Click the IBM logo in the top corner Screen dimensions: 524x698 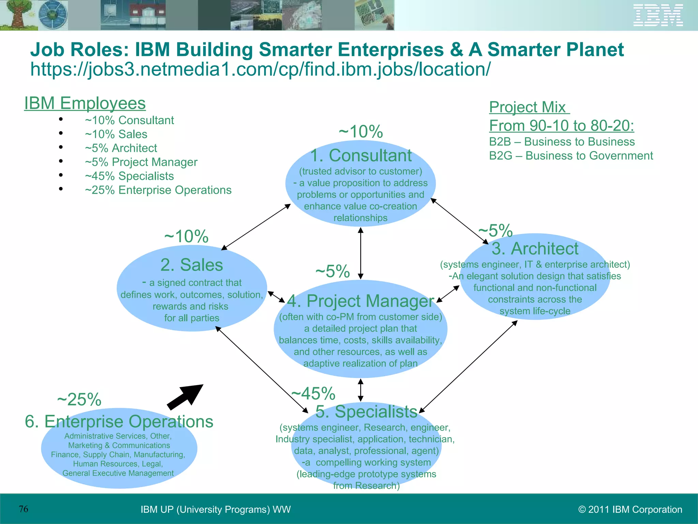658,15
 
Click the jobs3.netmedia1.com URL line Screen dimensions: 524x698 260,69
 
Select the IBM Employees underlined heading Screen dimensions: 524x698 85,103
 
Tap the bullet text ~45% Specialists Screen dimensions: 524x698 129,176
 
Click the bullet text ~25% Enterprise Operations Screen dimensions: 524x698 158,190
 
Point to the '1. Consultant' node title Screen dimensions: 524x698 361,156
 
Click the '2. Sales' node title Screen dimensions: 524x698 192,265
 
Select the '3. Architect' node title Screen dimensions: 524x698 535,248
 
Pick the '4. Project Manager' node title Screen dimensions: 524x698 361,301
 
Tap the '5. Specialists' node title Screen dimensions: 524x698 366,411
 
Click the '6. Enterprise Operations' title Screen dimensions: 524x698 119,421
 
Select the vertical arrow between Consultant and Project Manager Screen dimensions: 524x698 361,253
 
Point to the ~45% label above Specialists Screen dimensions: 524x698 314,393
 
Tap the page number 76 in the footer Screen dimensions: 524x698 24,509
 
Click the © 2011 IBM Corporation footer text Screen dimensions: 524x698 630,509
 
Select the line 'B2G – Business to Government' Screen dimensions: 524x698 571,156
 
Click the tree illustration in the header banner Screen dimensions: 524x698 17,15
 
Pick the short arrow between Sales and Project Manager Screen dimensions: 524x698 276,297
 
